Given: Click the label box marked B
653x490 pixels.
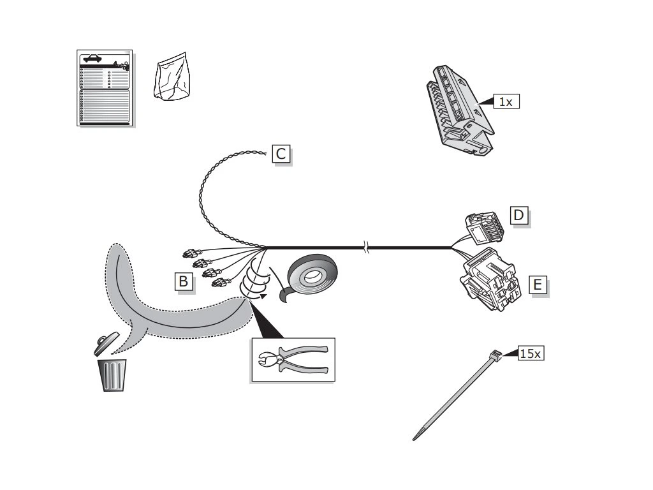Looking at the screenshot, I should pyautogui.click(x=184, y=281).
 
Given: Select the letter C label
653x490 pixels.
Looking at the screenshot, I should pyautogui.click(x=281, y=154).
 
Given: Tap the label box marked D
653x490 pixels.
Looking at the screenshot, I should pyautogui.click(x=518, y=216).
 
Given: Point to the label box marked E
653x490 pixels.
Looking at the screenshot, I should pyautogui.click(x=538, y=285).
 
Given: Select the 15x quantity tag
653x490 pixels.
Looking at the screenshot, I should pyautogui.click(x=531, y=353).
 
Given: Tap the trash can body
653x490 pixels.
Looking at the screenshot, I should pyautogui.click(x=112, y=375).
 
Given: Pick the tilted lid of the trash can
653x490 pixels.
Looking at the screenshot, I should pyautogui.click(x=105, y=343).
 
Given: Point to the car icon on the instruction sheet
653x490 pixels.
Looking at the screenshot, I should pyautogui.click(x=92, y=58).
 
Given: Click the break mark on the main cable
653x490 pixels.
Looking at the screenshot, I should pyautogui.click(x=366, y=248).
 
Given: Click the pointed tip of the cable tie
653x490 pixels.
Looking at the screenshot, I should pyautogui.click(x=416, y=438).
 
